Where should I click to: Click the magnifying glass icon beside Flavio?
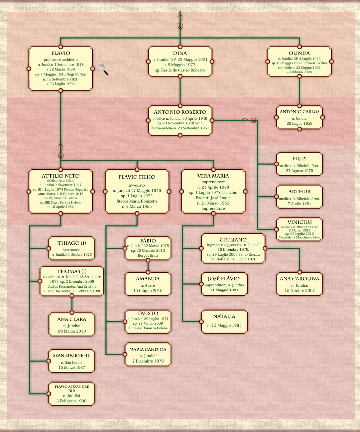tap(103, 70)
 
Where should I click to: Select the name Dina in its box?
tap(180, 53)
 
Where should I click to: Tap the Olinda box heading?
tap(299, 53)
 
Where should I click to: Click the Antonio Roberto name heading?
tap(180, 112)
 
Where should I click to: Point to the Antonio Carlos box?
tap(299, 117)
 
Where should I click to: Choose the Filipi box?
tap(299, 164)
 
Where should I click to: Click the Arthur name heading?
tap(299, 192)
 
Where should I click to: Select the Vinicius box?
tap(299, 229)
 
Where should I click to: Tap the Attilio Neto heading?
tap(60, 176)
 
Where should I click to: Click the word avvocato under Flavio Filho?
tap(137, 185)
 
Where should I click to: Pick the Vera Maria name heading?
tap(213, 176)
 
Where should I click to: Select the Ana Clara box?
tap(71, 325)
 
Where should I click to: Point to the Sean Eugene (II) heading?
tap(71, 356)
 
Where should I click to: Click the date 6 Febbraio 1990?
tap(71, 401)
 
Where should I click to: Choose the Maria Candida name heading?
tap(148, 350)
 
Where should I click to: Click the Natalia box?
tap(224, 321)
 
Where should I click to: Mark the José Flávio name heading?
tap(224, 279)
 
